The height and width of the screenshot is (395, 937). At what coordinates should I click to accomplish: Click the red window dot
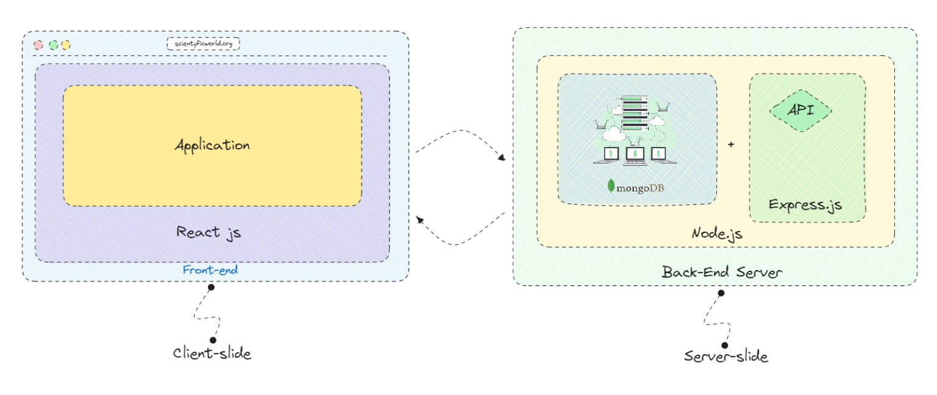tap(38, 44)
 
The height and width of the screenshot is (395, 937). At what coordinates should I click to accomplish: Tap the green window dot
tap(53, 44)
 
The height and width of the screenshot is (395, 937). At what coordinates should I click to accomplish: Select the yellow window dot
tap(65, 44)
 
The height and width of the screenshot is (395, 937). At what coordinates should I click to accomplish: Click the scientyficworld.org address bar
tap(203, 44)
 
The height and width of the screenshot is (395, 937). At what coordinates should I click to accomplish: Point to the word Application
tap(212, 145)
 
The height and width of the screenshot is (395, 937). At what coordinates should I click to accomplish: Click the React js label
tap(208, 232)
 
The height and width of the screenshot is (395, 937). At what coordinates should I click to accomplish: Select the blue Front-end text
tap(210, 269)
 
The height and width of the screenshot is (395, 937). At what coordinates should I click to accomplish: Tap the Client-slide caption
tap(212, 353)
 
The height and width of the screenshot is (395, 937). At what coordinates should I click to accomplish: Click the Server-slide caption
tap(725, 356)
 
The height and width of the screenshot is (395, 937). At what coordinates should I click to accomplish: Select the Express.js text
tap(805, 204)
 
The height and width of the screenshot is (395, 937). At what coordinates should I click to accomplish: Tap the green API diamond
tap(800, 110)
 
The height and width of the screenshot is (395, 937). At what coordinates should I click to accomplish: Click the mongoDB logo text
tap(640, 188)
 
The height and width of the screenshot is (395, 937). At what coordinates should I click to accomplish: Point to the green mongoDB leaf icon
tap(611, 186)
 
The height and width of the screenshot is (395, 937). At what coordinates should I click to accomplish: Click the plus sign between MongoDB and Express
tap(731, 145)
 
